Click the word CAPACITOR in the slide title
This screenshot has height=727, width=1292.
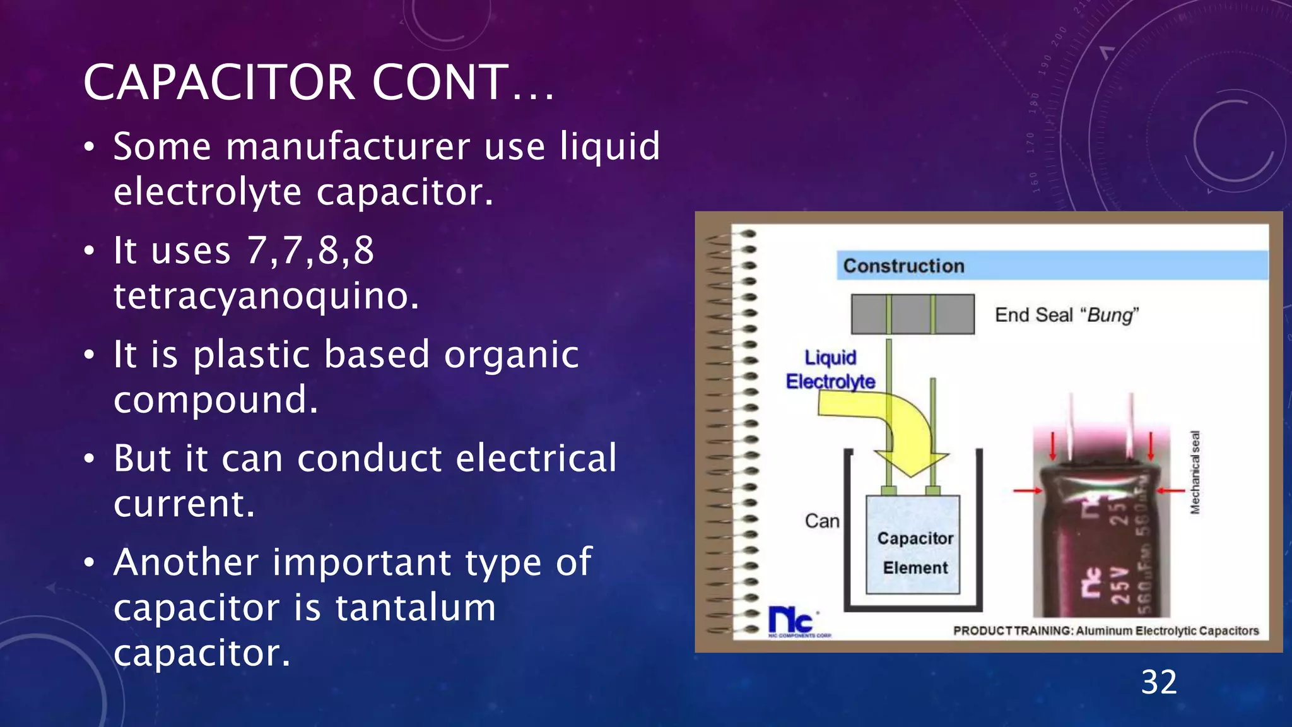(x=219, y=83)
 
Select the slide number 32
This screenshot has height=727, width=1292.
(x=1159, y=683)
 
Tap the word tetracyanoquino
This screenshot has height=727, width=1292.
(x=266, y=295)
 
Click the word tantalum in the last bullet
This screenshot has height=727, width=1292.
(x=415, y=607)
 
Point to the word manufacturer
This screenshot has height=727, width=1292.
(x=348, y=146)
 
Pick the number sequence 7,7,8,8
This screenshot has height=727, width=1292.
(x=310, y=250)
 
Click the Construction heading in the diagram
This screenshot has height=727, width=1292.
(x=903, y=266)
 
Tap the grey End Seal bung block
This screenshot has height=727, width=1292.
(x=912, y=314)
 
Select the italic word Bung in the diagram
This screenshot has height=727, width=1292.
(x=1110, y=315)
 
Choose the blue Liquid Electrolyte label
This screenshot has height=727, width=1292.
(x=830, y=370)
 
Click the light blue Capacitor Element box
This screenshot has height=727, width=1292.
(x=913, y=544)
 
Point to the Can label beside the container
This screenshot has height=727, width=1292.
(x=822, y=521)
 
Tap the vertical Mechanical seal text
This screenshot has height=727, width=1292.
(x=1194, y=472)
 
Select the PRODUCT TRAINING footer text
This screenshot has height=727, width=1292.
(x=1105, y=630)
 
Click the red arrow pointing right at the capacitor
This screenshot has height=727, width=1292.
(x=1027, y=490)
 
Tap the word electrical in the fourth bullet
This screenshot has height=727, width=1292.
(x=536, y=458)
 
